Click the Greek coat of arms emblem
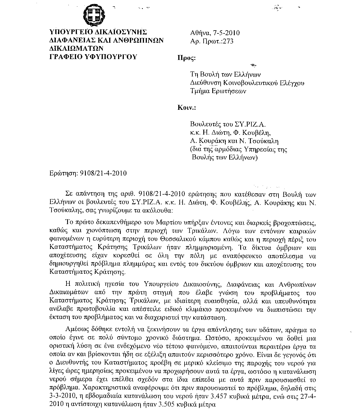[x=98, y=15]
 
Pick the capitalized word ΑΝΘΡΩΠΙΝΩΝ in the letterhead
[x=136, y=40]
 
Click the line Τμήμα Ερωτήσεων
[x=219, y=91]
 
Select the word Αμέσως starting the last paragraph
[x=77, y=329]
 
